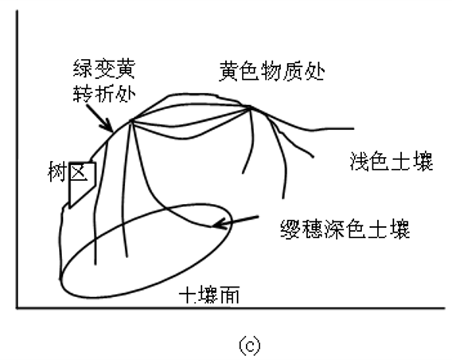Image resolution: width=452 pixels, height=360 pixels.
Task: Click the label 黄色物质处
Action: click(272, 71)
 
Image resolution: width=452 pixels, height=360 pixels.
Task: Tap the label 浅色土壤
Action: click(392, 162)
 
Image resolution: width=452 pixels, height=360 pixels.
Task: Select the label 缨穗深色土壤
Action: click(345, 229)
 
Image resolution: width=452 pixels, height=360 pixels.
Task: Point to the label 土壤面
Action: click(209, 295)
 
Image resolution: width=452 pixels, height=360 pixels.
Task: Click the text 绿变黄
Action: click(104, 68)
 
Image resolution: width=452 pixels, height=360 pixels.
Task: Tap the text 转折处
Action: click(104, 92)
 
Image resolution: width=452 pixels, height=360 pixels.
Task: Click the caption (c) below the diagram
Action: click(250, 345)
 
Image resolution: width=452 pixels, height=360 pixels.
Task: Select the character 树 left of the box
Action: click(58, 172)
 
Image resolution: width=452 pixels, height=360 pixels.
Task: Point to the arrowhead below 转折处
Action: click(109, 127)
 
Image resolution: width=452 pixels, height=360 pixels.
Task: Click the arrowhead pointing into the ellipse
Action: click(217, 224)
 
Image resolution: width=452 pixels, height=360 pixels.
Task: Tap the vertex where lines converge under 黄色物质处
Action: click(250, 108)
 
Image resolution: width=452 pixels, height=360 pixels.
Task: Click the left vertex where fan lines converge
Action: click(131, 120)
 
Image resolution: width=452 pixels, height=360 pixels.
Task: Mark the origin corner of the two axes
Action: click(18, 308)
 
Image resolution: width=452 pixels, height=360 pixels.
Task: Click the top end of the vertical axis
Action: click(18, 11)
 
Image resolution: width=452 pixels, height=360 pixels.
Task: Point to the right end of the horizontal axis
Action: click(445, 308)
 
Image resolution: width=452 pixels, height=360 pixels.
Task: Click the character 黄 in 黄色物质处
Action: click(229, 71)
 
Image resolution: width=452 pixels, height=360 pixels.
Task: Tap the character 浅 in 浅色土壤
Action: click(360, 162)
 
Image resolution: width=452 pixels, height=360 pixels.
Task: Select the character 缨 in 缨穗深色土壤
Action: click(291, 229)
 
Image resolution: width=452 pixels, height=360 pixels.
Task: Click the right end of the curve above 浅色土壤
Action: click(353, 128)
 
